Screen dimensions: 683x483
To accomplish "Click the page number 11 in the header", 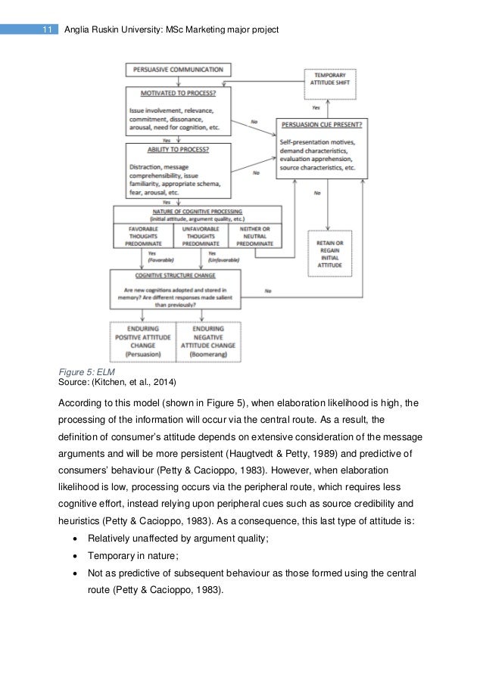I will point(47,29).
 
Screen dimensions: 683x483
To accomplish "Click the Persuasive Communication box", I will point(178,70).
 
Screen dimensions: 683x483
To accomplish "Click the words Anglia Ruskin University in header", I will point(116,29).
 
